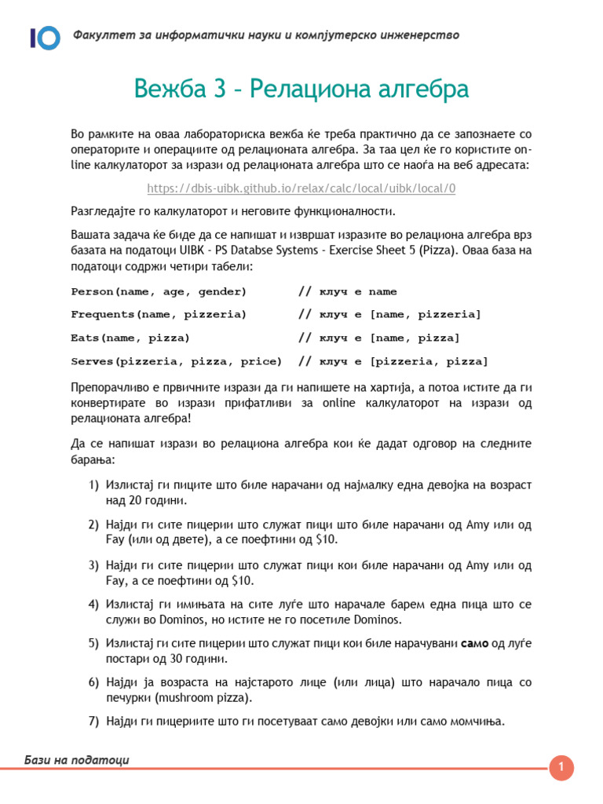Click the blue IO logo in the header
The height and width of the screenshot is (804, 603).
(x=45, y=37)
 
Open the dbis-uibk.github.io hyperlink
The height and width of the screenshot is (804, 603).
(x=301, y=188)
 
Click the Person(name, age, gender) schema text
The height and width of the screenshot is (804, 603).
(x=159, y=291)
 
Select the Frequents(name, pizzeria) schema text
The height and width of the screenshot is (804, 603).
(x=159, y=315)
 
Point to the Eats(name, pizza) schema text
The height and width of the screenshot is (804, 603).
(x=130, y=338)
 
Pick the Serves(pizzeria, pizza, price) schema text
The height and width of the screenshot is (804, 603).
(x=177, y=361)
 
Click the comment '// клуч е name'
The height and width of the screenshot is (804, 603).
(x=348, y=291)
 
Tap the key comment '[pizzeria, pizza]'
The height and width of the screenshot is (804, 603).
(x=429, y=361)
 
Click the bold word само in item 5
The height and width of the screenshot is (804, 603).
(x=475, y=644)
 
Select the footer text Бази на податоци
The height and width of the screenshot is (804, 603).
(x=77, y=759)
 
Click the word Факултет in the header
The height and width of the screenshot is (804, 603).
(x=100, y=35)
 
